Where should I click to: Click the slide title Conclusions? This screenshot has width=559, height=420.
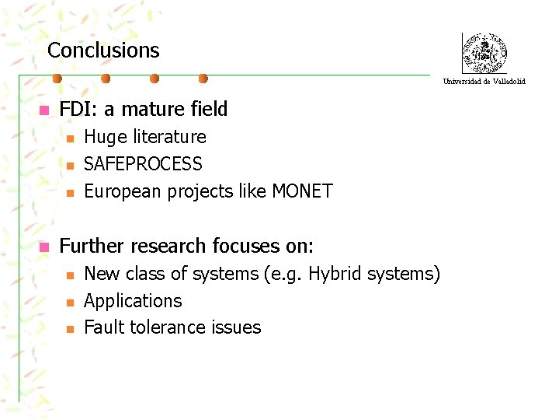tap(103, 51)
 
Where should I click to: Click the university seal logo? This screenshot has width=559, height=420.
tap(484, 54)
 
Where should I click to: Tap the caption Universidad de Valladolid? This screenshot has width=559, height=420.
tap(484, 81)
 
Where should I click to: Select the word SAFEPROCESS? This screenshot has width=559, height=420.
tap(143, 164)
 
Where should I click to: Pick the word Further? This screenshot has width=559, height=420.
tap(92, 247)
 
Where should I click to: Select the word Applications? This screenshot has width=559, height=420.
tap(133, 301)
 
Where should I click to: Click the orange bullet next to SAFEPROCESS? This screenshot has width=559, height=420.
tap(69, 166)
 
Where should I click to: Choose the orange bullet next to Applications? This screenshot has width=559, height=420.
tap(69, 303)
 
